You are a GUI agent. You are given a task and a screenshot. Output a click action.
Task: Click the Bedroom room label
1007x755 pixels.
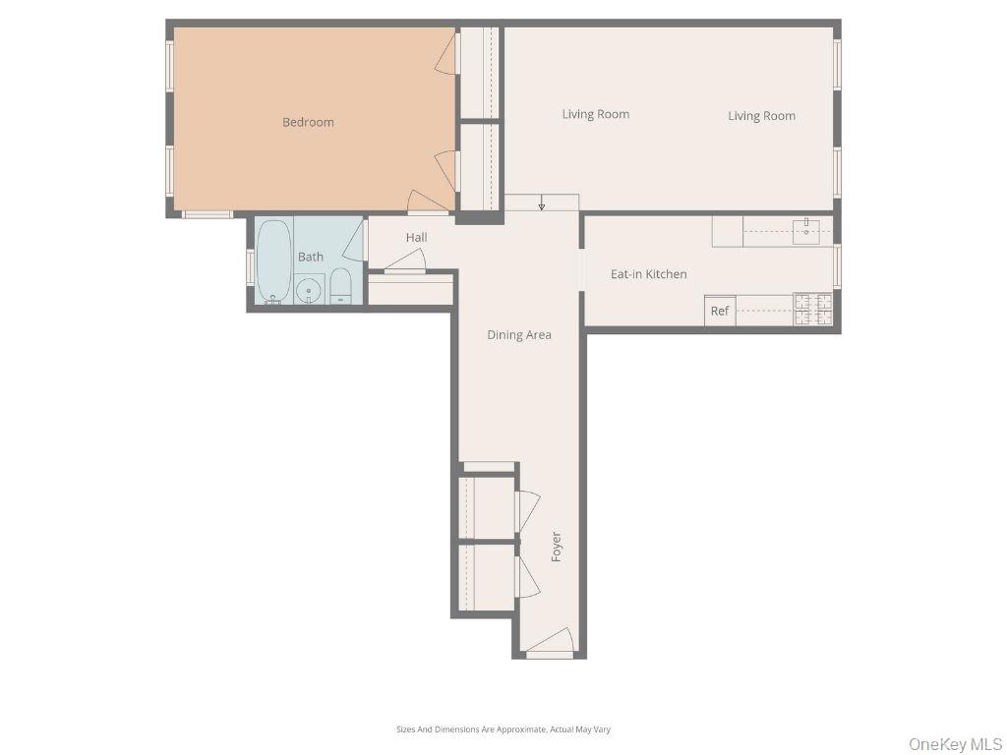point(308,122)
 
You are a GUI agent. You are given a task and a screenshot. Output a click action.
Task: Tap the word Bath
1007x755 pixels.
point(311,257)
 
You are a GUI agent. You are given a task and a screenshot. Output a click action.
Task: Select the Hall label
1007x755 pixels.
point(417,237)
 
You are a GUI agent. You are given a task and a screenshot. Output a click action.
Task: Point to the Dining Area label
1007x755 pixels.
point(519,334)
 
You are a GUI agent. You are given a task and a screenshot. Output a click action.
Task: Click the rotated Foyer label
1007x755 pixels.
point(556,547)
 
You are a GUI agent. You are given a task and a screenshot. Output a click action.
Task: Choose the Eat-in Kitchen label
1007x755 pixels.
point(649,274)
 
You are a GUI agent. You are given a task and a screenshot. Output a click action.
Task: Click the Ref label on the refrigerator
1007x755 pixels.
point(720,311)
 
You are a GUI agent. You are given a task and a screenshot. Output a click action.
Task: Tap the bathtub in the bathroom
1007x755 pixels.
point(274,261)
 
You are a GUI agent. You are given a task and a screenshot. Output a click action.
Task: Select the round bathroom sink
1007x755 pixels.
point(310,289)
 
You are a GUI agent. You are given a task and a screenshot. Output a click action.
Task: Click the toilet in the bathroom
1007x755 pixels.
point(340,286)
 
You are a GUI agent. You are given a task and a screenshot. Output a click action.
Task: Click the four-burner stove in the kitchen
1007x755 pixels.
point(813,310)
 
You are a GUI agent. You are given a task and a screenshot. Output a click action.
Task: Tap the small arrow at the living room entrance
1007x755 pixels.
point(541,205)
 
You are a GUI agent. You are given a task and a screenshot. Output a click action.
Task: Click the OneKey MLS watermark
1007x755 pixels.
point(955,743)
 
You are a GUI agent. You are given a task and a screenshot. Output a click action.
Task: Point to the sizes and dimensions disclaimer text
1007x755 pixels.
point(503,729)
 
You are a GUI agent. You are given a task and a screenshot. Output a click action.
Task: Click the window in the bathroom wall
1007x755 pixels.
point(251,267)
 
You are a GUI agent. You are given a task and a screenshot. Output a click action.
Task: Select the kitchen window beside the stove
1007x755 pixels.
point(837,265)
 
